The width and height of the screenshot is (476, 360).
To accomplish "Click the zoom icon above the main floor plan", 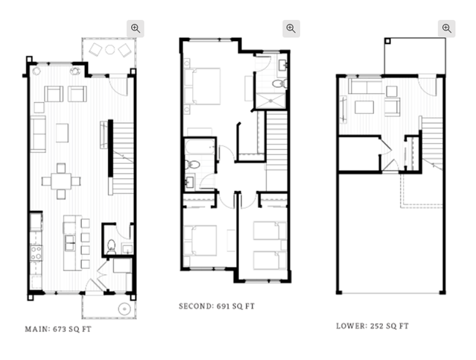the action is coord(136,28).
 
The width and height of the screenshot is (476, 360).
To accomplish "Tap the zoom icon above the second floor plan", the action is coord(291,28).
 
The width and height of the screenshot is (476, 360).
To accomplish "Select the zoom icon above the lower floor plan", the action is coord(446,28).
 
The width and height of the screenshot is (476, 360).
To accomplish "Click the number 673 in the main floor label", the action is coord(60,329).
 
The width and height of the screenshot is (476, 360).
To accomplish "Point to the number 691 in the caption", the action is coord(223,306).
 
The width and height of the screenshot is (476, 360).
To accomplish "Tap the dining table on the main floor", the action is coord(61,181).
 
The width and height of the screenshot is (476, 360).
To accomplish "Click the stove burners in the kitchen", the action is coord(36,253).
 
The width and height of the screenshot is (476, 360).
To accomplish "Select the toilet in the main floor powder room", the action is coord(112,246).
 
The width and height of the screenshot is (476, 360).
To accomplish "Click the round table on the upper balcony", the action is coord(110,49).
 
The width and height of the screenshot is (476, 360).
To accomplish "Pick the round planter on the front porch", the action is coord(124,309).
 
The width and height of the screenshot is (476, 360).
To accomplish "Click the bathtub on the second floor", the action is coord(200,147).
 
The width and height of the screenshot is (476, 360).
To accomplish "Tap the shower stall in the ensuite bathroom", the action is coord(270,101).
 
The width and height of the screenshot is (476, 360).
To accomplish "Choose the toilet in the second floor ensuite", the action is coord(279,83).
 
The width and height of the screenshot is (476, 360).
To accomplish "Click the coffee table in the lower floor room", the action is coord(364,107).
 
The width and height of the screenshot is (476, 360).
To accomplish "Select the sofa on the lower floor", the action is coord(365,86).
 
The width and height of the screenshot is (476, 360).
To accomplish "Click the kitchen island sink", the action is coord(70,243).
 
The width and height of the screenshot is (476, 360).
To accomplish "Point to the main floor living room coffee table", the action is coord(63,133).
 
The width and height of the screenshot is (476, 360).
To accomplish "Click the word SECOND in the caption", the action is coord(196,306).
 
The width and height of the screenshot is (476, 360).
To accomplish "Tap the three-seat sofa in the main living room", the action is coord(38,133).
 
